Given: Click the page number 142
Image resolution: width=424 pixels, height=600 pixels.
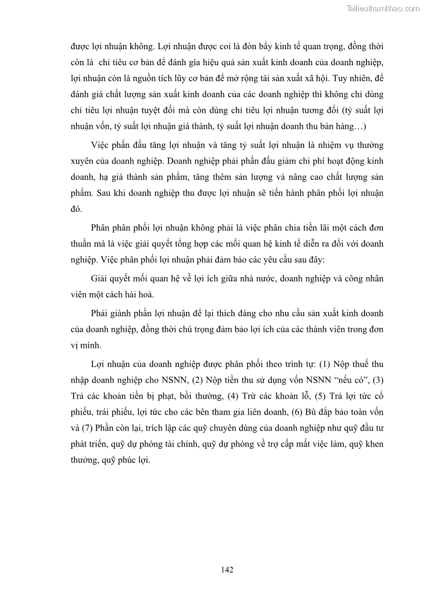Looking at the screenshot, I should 227,570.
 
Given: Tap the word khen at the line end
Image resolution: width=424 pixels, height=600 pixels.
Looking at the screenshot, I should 374,445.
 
